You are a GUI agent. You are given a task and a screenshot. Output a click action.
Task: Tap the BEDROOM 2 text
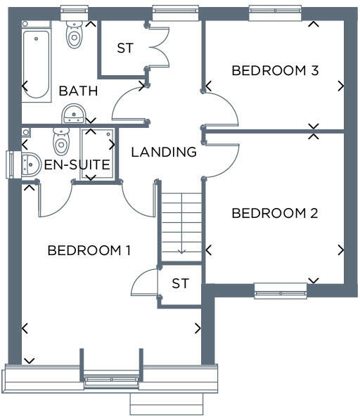click(x=275, y=214)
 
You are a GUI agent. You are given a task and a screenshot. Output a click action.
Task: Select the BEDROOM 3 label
click(x=275, y=70)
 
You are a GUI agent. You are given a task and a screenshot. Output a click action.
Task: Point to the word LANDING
click(x=164, y=151)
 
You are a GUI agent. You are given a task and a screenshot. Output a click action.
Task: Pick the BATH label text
click(x=77, y=91)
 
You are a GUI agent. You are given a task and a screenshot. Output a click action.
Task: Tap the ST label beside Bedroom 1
click(x=181, y=284)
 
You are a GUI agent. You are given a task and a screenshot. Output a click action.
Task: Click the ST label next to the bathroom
click(x=125, y=48)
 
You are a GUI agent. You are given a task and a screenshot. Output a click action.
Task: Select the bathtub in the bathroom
click(x=36, y=63)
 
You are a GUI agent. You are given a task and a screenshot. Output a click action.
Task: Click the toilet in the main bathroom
click(x=74, y=34)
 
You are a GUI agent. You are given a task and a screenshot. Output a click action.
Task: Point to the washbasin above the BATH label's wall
click(x=74, y=114)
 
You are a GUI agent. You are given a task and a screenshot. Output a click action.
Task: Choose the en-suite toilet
click(x=62, y=141)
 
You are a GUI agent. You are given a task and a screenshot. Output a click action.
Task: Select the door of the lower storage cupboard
click(x=144, y=282)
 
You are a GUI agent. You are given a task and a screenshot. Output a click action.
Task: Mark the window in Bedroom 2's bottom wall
click(x=281, y=290)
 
